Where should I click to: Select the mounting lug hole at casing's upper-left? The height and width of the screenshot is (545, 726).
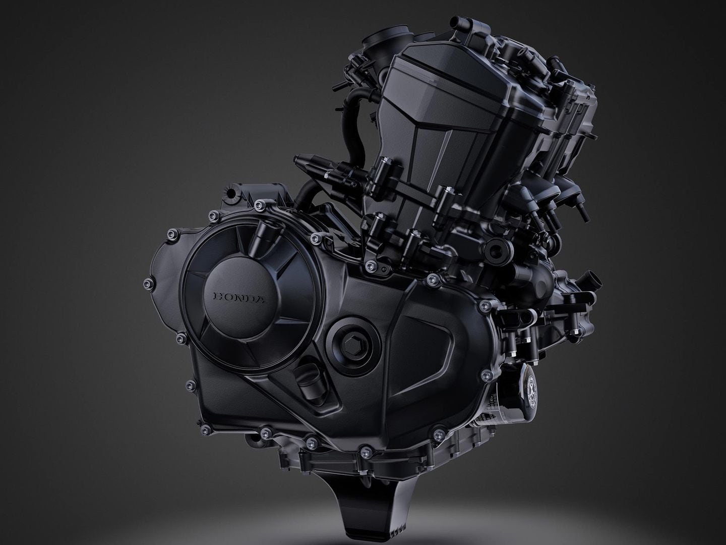(231, 193)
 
